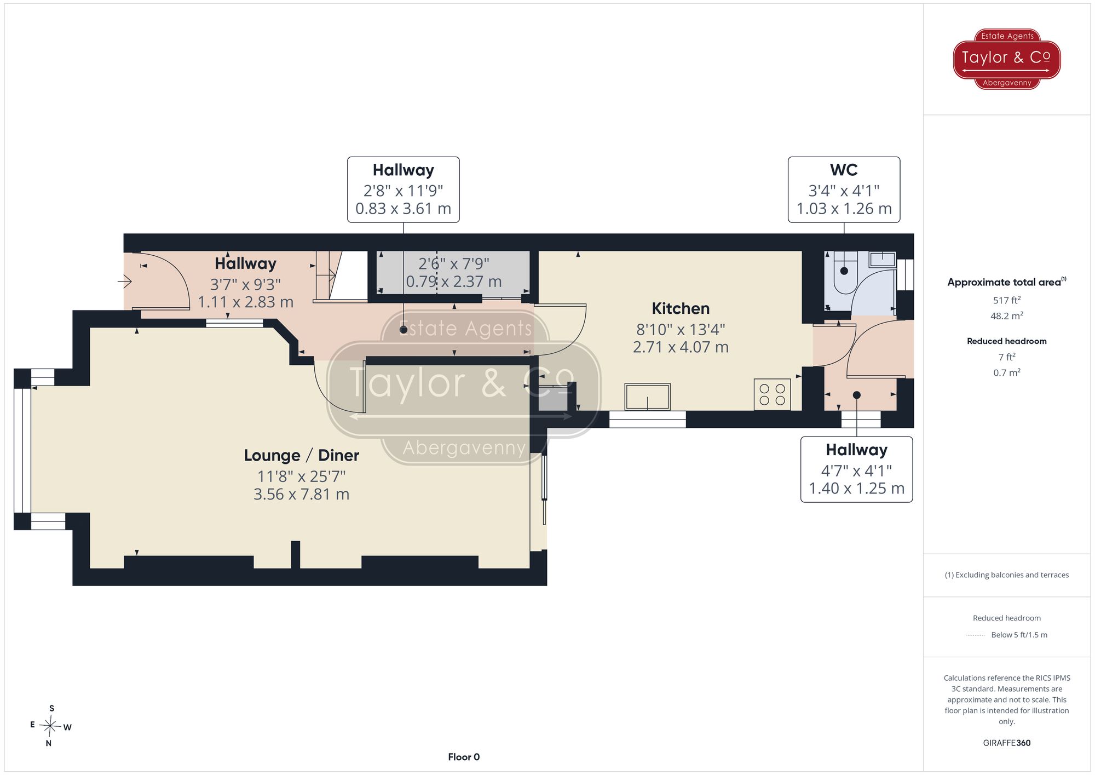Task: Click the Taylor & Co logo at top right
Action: (x=1006, y=59)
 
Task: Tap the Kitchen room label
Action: (x=681, y=308)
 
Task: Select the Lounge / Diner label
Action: (x=301, y=455)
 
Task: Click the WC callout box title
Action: (x=844, y=170)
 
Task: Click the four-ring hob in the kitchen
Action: (x=772, y=394)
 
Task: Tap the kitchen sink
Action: (x=647, y=397)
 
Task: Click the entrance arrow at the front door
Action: (x=125, y=282)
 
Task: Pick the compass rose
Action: (x=50, y=726)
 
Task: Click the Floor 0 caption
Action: (x=464, y=757)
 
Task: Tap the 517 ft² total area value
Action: (x=1006, y=300)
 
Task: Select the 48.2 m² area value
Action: (x=1006, y=315)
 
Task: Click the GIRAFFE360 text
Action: (x=1006, y=743)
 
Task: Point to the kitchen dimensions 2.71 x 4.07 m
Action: (x=681, y=347)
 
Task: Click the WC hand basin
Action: (x=882, y=259)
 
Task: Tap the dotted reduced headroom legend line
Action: (x=976, y=635)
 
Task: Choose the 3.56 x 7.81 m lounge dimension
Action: (x=301, y=495)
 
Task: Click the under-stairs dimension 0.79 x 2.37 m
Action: (x=454, y=282)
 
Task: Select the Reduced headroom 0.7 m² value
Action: (x=1006, y=372)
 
